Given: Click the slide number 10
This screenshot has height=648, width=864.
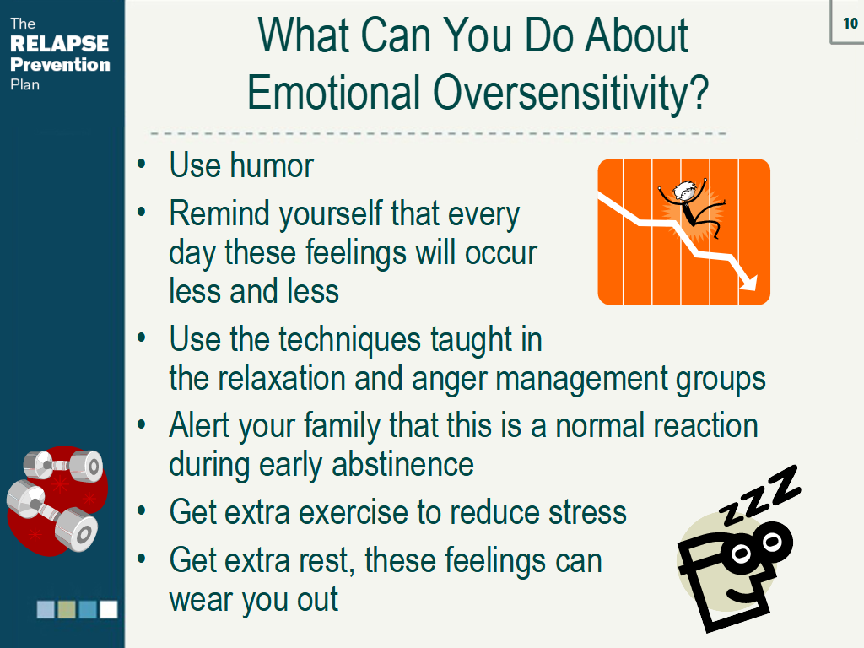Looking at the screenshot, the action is point(850,23).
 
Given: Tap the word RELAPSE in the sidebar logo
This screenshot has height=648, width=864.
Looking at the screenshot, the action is point(60,44).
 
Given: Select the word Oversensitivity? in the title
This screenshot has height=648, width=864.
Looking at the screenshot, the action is point(570,93).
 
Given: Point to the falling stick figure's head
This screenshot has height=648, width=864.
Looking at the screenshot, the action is point(685,191).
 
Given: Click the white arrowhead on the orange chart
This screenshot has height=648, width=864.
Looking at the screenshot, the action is point(748,282).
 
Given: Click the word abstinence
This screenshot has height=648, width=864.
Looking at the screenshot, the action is point(402,465).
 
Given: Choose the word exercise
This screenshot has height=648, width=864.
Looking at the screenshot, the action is point(354,512).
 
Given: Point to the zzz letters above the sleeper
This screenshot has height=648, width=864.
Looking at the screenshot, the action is point(759,494).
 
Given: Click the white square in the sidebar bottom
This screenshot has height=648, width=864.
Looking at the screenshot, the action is point(109,609).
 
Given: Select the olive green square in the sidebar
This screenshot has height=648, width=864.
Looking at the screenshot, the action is point(67,609).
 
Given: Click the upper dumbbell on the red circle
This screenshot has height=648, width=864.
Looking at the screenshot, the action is point(63,465).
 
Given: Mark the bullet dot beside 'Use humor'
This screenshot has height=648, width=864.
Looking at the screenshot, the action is point(142,165).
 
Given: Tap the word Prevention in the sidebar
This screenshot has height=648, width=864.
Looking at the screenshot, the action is point(60,64).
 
